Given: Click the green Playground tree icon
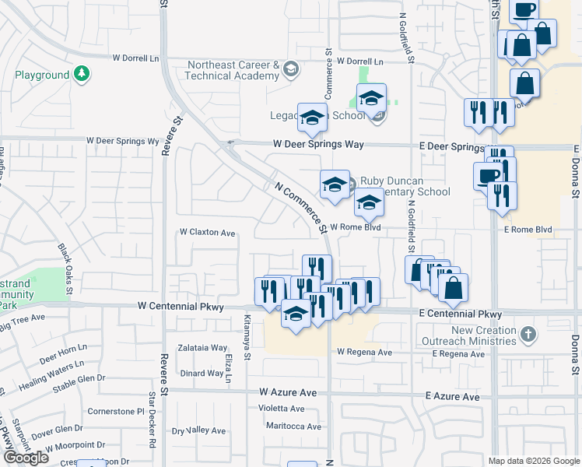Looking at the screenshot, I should coord(82,75).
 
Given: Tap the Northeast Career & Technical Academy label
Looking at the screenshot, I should coord(232,70).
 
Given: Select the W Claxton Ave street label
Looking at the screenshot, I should coord(207,233).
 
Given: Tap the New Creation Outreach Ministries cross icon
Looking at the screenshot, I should coord(528,335).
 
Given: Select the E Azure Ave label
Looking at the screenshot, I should coord(453,396).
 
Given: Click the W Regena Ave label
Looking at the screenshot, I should coord(364,352).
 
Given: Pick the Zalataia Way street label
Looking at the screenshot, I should coord(202,348).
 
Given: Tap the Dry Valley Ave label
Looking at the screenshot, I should coord(198,430).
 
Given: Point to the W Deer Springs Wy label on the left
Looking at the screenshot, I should coord(122,141).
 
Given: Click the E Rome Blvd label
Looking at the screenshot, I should coord(528,230).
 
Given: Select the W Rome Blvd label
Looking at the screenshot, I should coord(355,227).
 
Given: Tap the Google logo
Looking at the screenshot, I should coord(26,458).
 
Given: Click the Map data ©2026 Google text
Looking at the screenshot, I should coord(533,461).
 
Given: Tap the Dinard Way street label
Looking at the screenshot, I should coord(202,374).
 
